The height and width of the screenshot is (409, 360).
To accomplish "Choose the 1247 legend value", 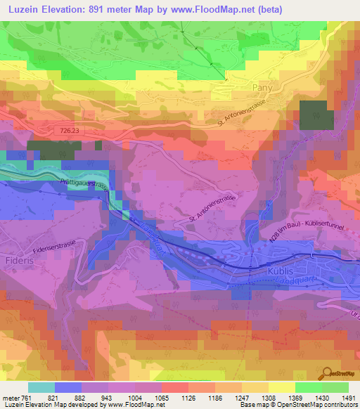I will [242, 397].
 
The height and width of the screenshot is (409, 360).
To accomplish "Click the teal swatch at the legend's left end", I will [41, 387].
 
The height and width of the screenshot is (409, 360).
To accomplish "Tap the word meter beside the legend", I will [14, 397].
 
